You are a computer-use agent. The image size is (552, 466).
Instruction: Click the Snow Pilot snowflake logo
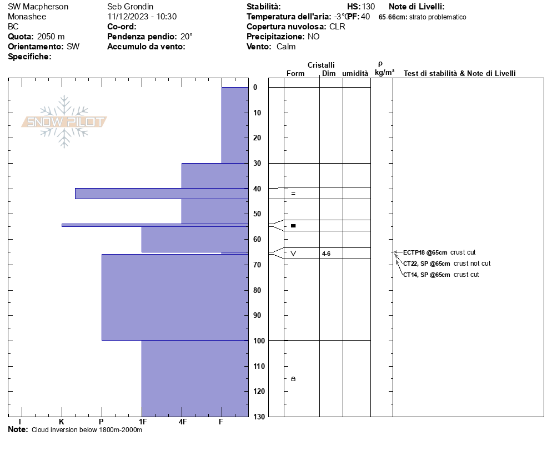pyautogui.click(x=64, y=121)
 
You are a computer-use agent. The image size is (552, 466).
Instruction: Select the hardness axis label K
pyautogui.click(x=62, y=422)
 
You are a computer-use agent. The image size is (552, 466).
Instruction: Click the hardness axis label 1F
pyautogui.click(x=142, y=422)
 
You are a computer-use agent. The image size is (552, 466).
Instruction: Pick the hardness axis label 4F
pyautogui.click(x=182, y=422)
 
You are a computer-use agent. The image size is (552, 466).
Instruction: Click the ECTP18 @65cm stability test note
pyautogui.click(x=425, y=252)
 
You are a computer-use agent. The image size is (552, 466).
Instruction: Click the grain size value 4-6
pyautogui.click(x=327, y=254)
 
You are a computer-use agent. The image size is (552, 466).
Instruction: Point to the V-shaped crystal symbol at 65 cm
pyautogui.click(x=293, y=254)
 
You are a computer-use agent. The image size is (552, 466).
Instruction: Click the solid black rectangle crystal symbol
pyautogui.click(x=293, y=226)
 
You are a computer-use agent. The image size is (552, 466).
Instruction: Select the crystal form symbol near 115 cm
pyautogui.click(x=293, y=379)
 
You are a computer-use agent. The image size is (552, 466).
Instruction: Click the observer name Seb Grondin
pyautogui.click(x=131, y=7)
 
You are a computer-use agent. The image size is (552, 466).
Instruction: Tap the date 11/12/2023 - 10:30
pyautogui.click(x=142, y=17)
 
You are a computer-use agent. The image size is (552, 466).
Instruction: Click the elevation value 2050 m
pyautogui.click(x=51, y=37)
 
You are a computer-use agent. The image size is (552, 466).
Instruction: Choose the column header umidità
pyautogui.click(x=355, y=74)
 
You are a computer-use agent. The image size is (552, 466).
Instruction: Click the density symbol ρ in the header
pyautogui.click(x=380, y=64)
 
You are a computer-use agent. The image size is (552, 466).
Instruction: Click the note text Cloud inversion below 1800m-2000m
pyautogui.click(x=87, y=430)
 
